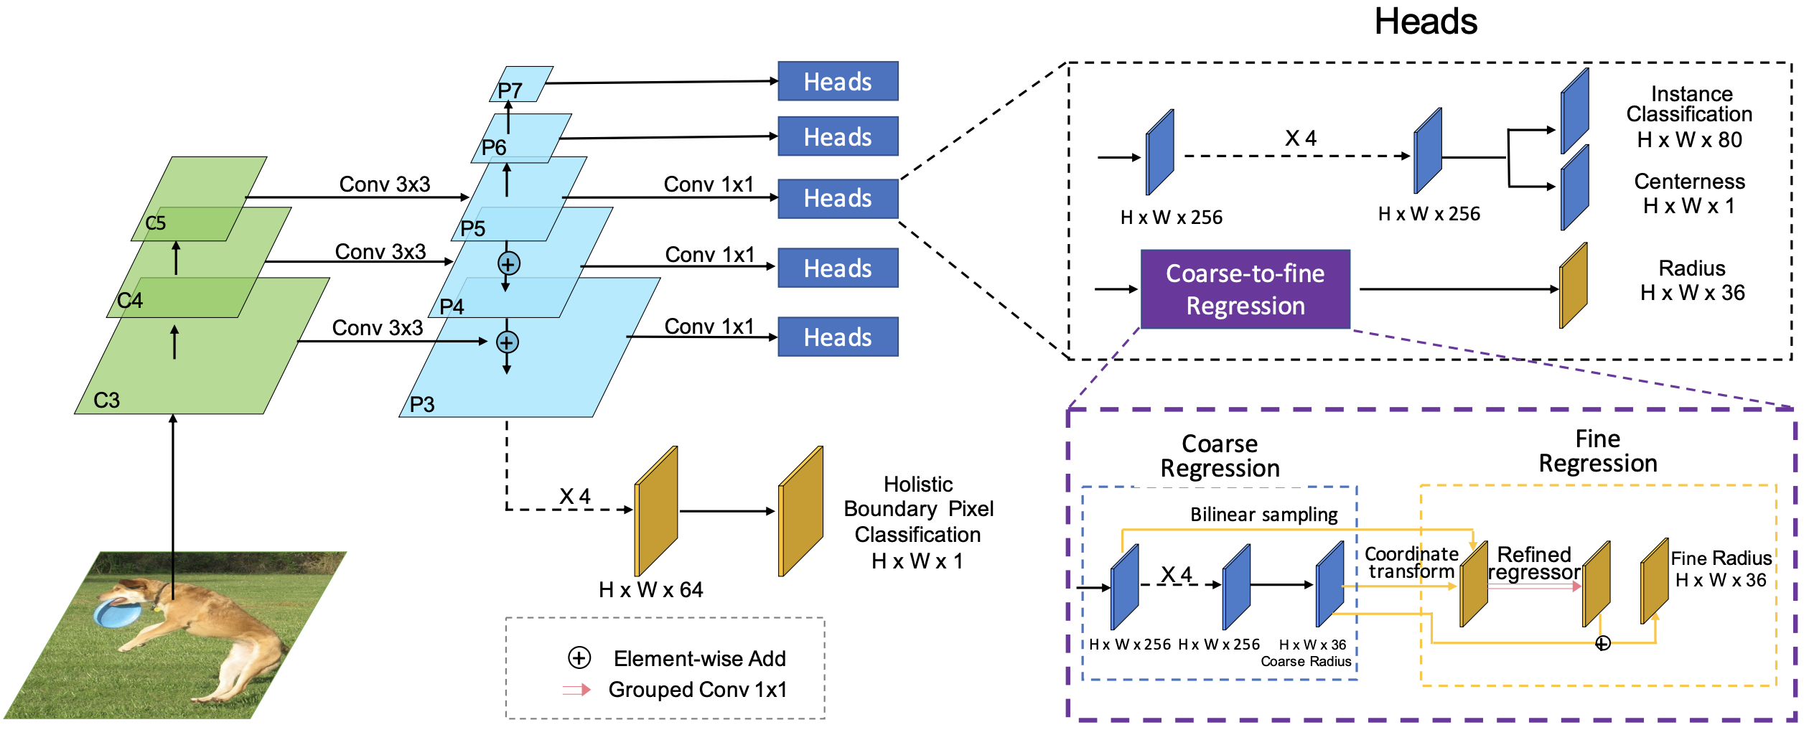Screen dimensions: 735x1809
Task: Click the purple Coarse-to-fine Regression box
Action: [1245, 289]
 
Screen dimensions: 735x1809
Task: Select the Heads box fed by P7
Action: [838, 81]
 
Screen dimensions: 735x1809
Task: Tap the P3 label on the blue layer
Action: [422, 405]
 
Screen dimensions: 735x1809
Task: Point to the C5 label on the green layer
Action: [156, 223]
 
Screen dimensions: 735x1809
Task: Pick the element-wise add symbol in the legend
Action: [579, 657]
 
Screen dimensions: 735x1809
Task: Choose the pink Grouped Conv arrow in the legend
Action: [576, 690]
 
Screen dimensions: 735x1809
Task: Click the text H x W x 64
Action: [650, 590]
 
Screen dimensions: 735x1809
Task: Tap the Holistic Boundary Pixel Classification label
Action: [918, 522]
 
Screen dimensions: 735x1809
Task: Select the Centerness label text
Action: [1689, 182]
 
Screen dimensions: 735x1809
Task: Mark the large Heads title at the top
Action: [1425, 22]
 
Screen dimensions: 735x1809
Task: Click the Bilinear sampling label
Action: [1263, 515]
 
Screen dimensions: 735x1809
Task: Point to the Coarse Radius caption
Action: [1306, 661]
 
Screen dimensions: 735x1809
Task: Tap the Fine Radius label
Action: [1721, 558]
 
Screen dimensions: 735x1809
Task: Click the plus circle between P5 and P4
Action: [509, 263]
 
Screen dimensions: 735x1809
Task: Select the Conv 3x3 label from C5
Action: [385, 184]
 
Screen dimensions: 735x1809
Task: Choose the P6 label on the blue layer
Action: [494, 148]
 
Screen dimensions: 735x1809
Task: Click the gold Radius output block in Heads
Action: [1573, 286]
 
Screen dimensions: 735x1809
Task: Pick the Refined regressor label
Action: [1534, 563]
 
